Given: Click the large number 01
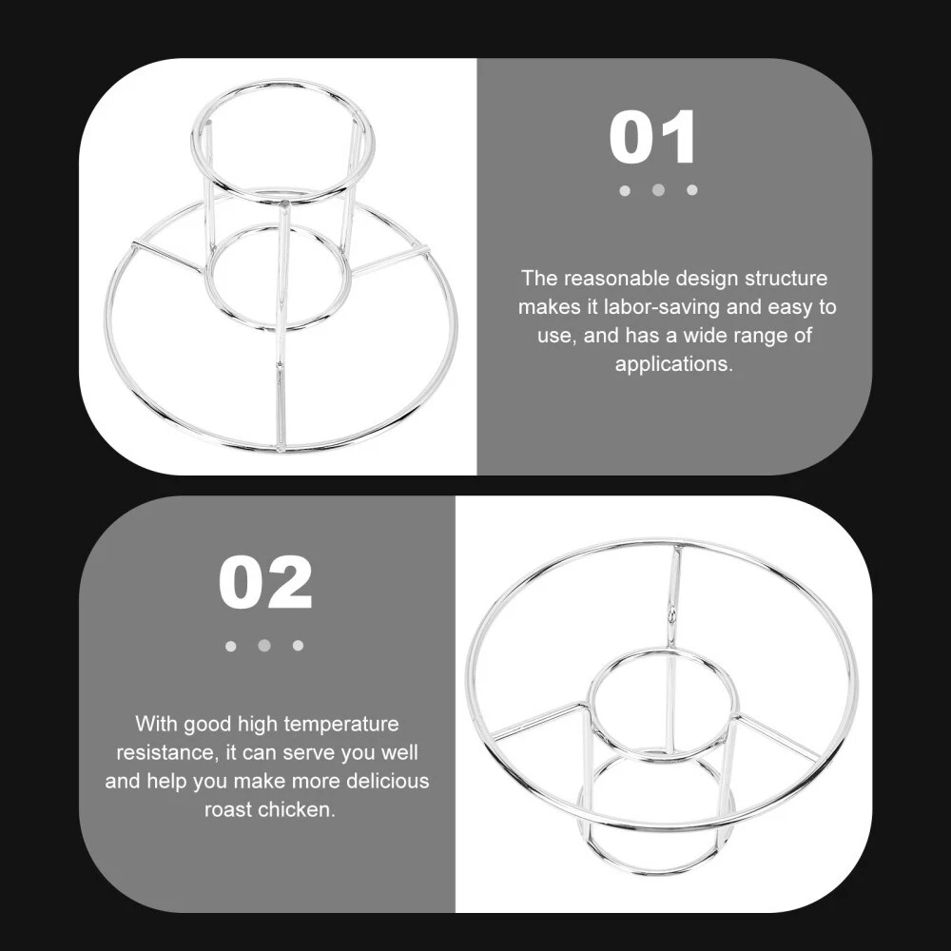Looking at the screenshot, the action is pyautogui.click(x=652, y=137).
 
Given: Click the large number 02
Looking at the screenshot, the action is pyautogui.click(x=265, y=584).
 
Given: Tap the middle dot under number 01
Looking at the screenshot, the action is pyautogui.click(x=658, y=190).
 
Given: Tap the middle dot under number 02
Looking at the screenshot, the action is pyautogui.click(x=263, y=646).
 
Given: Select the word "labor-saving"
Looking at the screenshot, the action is pyautogui.click(x=662, y=307).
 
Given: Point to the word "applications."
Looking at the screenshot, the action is pyautogui.click(x=674, y=364).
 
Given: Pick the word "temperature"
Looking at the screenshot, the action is pyautogui.click(x=340, y=724).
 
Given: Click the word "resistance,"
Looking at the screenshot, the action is pyautogui.click(x=167, y=752).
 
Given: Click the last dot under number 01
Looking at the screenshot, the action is pyautogui.click(x=692, y=190).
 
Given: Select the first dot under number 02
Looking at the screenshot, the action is pyautogui.click(x=230, y=646).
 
